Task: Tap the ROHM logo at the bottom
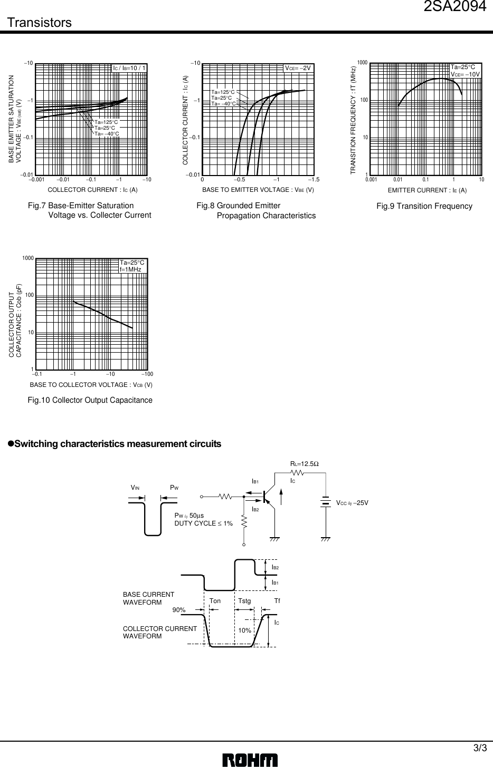[250, 760]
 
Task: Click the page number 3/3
[480, 748]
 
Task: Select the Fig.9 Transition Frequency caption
[424, 206]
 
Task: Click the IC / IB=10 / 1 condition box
[129, 68]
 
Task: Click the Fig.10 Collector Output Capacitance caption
[90, 401]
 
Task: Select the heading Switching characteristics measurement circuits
[118, 444]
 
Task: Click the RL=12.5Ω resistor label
[305, 464]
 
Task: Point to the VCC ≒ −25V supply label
[352, 502]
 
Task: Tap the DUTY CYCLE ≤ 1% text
[204, 523]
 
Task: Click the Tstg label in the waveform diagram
[244, 601]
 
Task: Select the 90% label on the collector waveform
[179, 610]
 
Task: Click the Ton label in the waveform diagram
[215, 601]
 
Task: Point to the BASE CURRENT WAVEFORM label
[148, 598]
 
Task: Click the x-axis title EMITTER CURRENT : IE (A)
[427, 190]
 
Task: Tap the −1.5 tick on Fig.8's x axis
[314, 180]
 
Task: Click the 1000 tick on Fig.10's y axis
[28, 258]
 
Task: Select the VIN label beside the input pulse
[135, 488]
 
